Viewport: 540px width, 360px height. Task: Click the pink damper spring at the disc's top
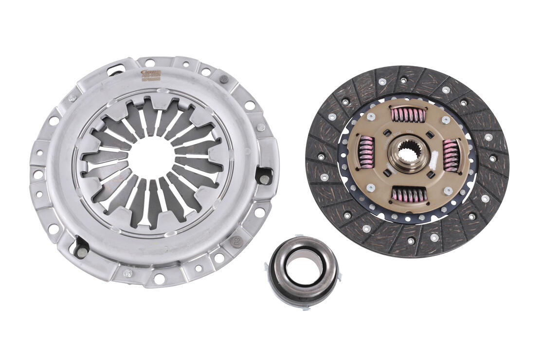coord(408,115)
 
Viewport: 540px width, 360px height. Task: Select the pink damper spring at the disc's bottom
coord(409,195)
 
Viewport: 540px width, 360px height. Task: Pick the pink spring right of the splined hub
coord(451,155)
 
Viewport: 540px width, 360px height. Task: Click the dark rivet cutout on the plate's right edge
coord(263,177)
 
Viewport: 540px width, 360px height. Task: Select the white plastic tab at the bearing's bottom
coord(302,307)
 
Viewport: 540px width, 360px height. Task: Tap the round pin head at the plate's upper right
coord(224,79)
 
